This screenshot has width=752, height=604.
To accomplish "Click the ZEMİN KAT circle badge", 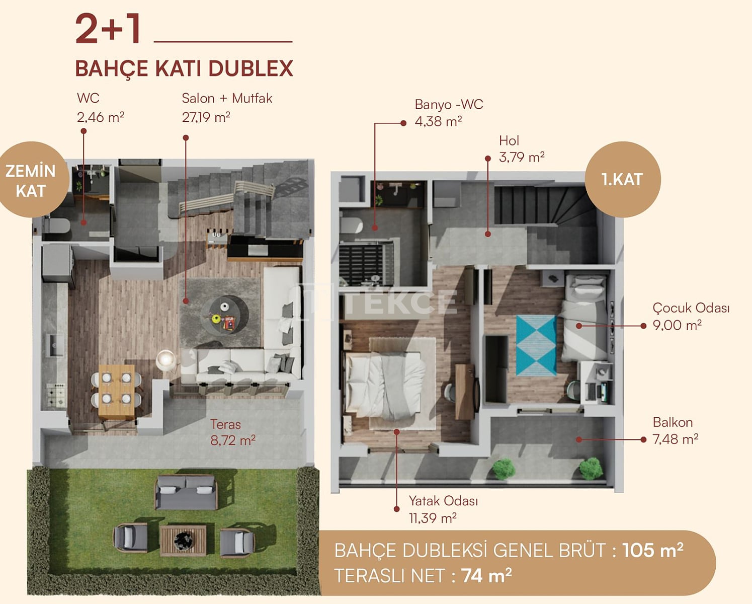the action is [32, 179].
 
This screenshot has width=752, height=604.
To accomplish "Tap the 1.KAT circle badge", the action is [623, 179].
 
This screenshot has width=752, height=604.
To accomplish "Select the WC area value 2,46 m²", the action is [101, 117].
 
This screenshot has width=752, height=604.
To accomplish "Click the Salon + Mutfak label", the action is [227, 98].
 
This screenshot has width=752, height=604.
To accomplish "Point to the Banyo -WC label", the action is [449, 104].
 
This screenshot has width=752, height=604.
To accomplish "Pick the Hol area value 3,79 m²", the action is [522, 158].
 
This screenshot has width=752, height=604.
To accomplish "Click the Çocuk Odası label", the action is [691, 308].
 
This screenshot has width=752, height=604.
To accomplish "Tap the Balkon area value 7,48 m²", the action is [676, 439].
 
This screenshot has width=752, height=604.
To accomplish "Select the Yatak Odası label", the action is [443, 501].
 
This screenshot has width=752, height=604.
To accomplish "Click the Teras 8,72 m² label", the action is [233, 432].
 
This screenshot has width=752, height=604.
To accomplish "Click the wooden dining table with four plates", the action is [117, 392].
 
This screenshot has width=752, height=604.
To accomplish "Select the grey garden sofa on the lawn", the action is [186, 492].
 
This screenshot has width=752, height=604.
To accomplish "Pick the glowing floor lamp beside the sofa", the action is [165, 360].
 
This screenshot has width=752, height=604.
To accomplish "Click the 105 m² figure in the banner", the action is [652, 550].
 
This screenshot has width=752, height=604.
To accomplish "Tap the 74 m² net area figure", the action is [486, 575].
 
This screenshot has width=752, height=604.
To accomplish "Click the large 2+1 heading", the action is [108, 29].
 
